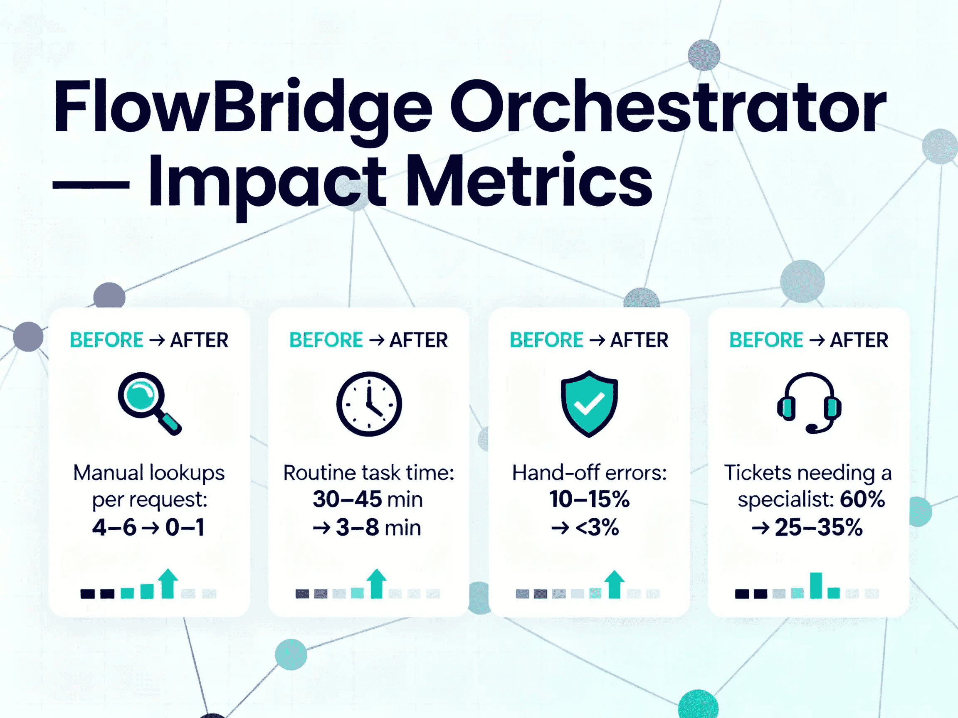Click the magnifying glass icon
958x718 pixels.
click(148, 403)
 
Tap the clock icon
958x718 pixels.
click(369, 403)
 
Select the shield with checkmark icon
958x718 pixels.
click(589, 403)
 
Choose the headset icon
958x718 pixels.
click(809, 403)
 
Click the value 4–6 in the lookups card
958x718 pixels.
click(114, 528)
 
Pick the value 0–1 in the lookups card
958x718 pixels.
click(185, 528)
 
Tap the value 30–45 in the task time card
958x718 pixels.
click(347, 499)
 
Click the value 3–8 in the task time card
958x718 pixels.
click(357, 528)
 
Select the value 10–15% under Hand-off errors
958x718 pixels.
click(589, 499)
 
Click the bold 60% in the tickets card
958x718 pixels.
click(862, 499)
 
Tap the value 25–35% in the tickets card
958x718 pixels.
click(819, 528)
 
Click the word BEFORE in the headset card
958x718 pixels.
click(766, 340)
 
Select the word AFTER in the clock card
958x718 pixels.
click(418, 340)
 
